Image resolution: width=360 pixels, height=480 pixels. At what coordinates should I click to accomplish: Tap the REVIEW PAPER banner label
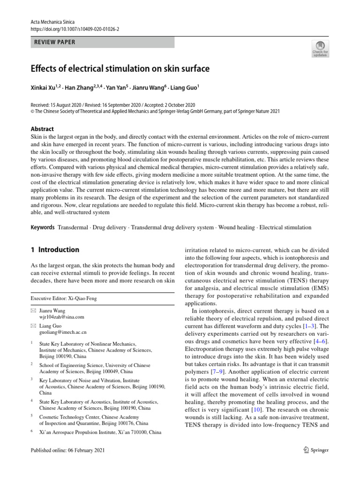(x=55, y=42)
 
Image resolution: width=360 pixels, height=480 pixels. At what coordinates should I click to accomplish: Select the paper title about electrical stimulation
(x=120, y=69)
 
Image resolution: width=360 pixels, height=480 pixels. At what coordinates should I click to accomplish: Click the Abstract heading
(x=42, y=129)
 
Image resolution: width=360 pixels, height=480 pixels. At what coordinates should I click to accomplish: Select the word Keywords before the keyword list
(x=43, y=227)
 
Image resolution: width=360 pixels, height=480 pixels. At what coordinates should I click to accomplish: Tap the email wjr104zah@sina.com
(x=62, y=317)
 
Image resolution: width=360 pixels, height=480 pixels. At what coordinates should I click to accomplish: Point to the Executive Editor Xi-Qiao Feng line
(x=64, y=298)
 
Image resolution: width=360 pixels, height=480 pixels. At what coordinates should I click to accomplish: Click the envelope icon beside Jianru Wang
(x=33, y=311)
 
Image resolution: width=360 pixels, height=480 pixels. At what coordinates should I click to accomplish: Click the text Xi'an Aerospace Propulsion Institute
(x=83, y=432)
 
